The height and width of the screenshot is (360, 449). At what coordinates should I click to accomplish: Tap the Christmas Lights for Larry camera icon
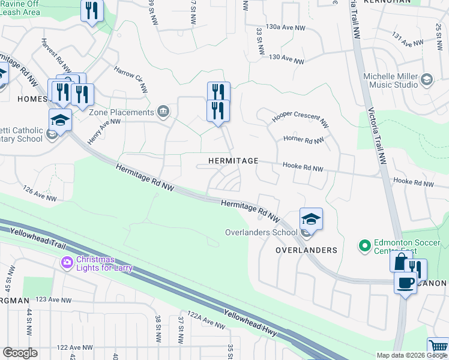click(x=67, y=262)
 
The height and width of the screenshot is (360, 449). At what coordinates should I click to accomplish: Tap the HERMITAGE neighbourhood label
click(x=233, y=161)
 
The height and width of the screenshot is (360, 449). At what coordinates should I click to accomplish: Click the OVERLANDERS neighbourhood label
click(x=306, y=250)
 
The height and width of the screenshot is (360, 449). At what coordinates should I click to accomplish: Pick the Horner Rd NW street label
click(x=304, y=141)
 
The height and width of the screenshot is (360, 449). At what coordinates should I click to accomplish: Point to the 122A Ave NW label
click(x=205, y=321)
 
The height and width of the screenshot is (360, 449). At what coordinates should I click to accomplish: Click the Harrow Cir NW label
click(x=131, y=79)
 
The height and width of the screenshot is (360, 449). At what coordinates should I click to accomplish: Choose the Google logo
click(x=20, y=353)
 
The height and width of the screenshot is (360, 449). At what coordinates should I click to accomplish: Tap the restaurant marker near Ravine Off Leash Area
click(x=92, y=11)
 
